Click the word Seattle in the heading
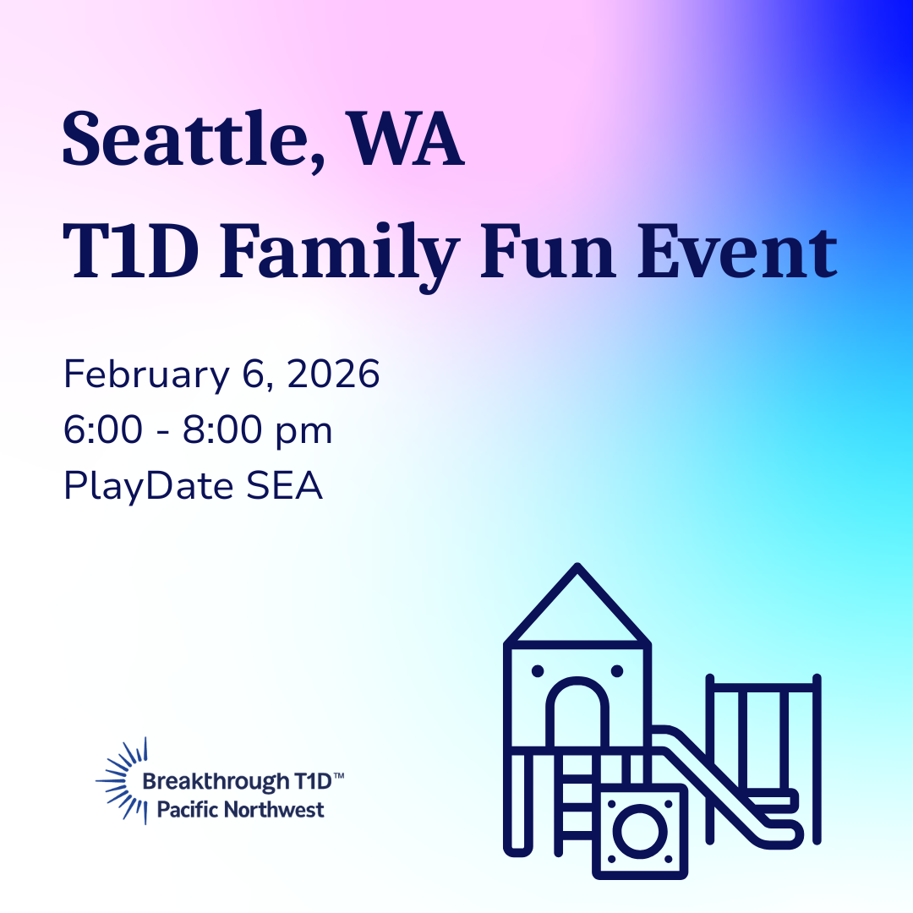click(x=185, y=139)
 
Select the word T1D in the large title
click(x=130, y=252)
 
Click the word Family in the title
click(x=340, y=256)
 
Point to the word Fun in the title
click(x=547, y=252)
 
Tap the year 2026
click(x=333, y=374)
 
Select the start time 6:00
click(x=103, y=429)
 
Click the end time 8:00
click(x=222, y=429)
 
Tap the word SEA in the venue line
click(x=284, y=485)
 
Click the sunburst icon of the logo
click(x=123, y=780)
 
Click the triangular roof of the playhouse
click(x=577, y=605)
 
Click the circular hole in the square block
click(x=640, y=831)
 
